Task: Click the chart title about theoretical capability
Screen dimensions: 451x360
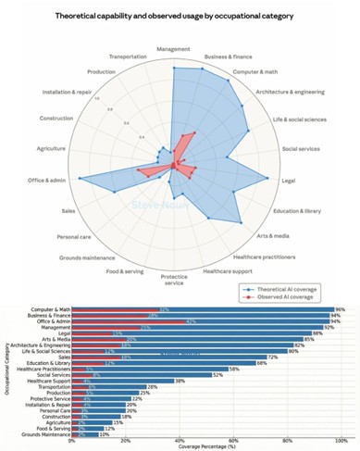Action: point(179,17)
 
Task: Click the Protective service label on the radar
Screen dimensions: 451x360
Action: point(174,281)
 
